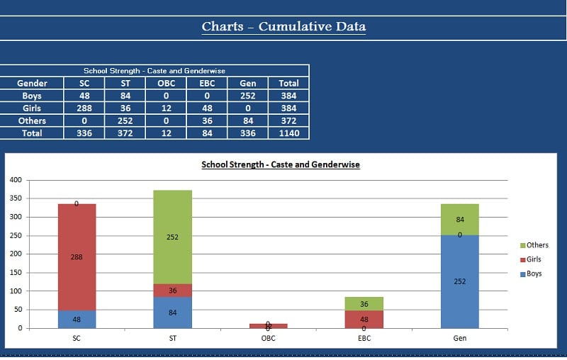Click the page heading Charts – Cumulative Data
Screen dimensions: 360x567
[283, 27]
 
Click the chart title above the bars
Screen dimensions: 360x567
[281, 164]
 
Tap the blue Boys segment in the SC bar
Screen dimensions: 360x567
[77, 320]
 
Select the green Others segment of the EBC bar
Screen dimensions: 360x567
[364, 304]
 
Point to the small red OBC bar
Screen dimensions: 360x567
[268, 326]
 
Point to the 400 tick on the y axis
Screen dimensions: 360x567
[15, 180]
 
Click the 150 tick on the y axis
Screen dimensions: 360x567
[15, 273]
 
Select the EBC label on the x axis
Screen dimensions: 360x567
[364, 339]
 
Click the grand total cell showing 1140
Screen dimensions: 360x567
[288, 133]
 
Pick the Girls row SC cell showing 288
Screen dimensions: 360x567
[84, 108]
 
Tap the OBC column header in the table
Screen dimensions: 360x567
[166, 83]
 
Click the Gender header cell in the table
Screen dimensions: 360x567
[32, 83]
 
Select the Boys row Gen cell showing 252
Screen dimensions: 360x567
[248, 96]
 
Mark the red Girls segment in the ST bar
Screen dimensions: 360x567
[172, 291]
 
